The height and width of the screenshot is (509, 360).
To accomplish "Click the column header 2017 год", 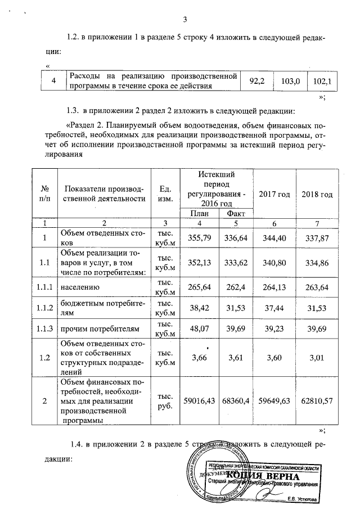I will [274, 194].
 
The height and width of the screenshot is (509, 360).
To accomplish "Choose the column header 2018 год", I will [317, 194].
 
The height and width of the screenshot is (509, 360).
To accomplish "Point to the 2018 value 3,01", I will [317, 357].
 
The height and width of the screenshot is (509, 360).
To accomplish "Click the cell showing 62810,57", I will [317, 399].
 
